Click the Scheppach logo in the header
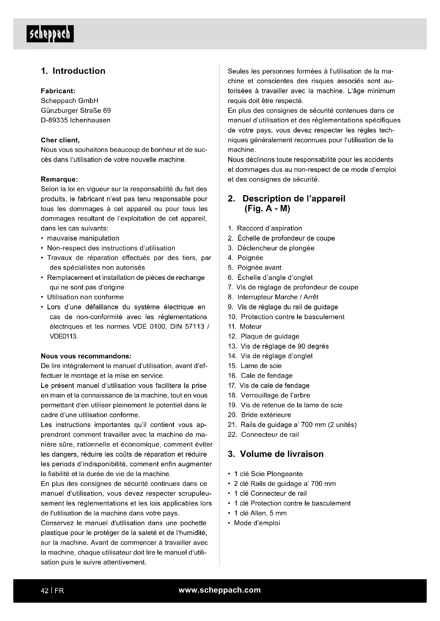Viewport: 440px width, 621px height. point(50,34)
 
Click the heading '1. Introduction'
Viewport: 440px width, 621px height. point(73,71)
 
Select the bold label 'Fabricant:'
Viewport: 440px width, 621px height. point(58,91)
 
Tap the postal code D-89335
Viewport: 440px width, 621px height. point(54,120)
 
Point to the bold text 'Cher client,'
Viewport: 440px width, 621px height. point(60,140)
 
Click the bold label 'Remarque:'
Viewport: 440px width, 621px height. point(59,179)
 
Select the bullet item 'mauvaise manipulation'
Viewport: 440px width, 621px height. point(83,238)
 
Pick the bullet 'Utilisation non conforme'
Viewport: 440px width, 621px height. point(85,297)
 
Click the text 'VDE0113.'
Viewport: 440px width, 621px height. point(64,336)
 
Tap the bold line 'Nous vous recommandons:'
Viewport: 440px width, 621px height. point(86,356)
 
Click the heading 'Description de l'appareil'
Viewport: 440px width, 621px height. point(294,199)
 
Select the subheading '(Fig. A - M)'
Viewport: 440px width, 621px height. point(267,209)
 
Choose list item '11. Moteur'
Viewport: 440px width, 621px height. point(245,327)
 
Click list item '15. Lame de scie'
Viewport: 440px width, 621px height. point(255,366)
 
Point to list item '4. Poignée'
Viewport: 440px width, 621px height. point(246,258)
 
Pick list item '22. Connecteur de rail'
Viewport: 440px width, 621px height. point(263,434)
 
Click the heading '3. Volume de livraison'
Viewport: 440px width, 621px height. point(276,454)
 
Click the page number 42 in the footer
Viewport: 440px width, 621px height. point(44,590)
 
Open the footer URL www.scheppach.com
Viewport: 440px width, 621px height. point(219,590)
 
